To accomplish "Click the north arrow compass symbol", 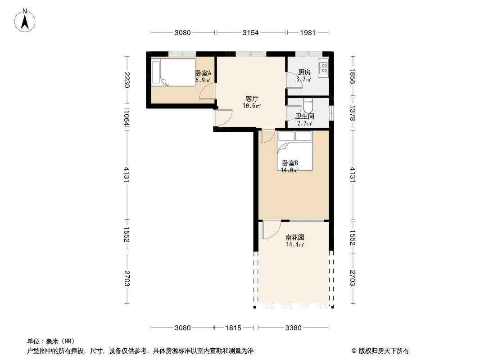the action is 25,21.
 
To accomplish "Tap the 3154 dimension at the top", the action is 250,33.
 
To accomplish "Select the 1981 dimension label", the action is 308,33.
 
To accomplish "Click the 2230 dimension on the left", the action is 127,80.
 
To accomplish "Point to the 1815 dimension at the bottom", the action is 233,328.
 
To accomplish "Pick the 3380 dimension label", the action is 293,328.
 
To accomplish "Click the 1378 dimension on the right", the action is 353,113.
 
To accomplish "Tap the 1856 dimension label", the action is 353,76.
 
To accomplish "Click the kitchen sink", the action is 323,68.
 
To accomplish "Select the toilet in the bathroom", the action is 308,105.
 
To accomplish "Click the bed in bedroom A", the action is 173,72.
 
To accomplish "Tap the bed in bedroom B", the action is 295,150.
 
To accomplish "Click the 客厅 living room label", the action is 252,99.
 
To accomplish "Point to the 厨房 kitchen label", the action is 304,72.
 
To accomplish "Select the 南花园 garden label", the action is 294,237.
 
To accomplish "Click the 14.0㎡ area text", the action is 290,171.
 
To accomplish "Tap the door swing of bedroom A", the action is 208,91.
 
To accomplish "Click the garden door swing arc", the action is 272,230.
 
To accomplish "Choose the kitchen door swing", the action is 294,81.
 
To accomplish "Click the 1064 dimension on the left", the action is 127,118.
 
